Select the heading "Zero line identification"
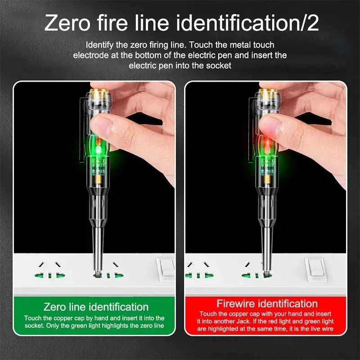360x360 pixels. [x=96, y=307]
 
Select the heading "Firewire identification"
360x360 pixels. [x=267, y=303]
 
